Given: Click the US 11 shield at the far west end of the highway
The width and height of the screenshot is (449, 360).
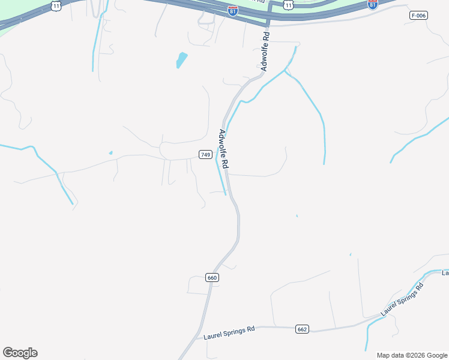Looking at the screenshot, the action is [56, 5].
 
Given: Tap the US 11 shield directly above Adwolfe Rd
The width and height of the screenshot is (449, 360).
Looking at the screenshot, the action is [289, 5].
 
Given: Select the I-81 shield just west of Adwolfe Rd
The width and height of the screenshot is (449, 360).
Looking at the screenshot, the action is [233, 11].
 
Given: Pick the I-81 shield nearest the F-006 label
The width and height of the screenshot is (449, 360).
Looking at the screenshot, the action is [373, 4].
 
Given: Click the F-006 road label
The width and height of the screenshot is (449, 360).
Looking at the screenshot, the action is [418, 16].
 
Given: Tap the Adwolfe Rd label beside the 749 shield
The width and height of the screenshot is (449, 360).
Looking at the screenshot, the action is [224, 149].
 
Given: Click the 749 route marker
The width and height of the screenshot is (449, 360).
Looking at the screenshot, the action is [205, 155].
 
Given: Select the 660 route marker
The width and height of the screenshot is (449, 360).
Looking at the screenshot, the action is [212, 277].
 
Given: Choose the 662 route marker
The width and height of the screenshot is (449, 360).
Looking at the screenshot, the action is [302, 329].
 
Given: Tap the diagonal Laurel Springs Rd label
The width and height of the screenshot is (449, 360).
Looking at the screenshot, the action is [402, 300].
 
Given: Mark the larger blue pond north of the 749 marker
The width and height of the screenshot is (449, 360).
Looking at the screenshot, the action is [181, 60].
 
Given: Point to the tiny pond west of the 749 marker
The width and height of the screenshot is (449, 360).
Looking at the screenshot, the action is [110, 153].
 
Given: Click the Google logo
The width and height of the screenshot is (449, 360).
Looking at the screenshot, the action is [20, 353].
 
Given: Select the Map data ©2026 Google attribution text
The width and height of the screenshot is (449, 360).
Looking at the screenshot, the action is [412, 355].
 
